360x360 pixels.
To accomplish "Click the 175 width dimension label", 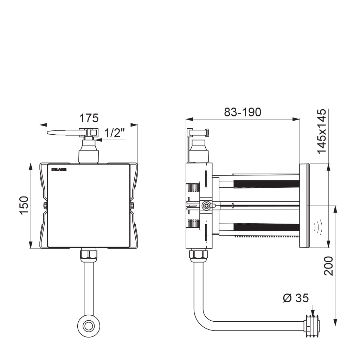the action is click(x=89, y=118).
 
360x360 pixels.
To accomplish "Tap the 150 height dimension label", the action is click(x=24, y=205).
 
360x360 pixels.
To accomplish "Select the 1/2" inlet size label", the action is click(x=114, y=133).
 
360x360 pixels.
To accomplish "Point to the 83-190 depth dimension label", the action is click(x=243, y=112).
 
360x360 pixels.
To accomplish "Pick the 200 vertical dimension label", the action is click(x=328, y=266).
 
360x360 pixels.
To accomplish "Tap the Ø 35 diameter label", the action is click(x=296, y=298).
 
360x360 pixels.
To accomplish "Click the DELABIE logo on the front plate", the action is click(x=59, y=169).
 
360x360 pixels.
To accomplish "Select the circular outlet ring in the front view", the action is click(x=89, y=326).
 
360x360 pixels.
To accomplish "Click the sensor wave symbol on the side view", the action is click(x=318, y=227).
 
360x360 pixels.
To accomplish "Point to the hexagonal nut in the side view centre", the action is click(x=206, y=205).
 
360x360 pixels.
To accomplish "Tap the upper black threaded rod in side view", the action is click(x=266, y=184).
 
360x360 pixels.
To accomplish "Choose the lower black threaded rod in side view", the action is click(x=266, y=227).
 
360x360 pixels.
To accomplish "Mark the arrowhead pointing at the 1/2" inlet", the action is click(x=99, y=140).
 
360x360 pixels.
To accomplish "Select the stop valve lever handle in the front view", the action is click(x=64, y=133).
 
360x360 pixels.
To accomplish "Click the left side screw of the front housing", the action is click(x=45, y=205).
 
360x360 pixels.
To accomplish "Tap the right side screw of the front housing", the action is click(x=132, y=205).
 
